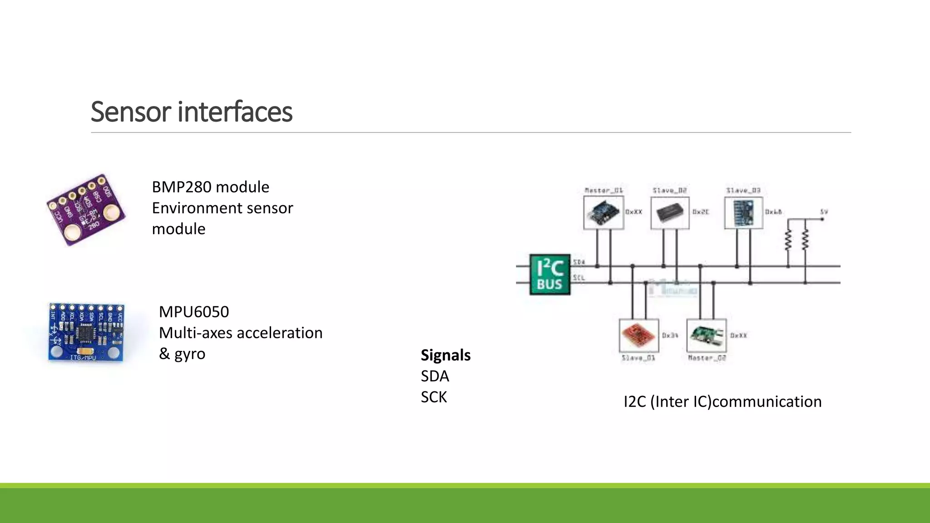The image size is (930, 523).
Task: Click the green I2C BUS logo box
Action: click(x=549, y=274)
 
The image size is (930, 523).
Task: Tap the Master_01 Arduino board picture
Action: click(x=603, y=212)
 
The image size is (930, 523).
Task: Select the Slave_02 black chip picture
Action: click(x=670, y=212)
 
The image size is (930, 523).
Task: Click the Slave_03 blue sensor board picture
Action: click(x=743, y=212)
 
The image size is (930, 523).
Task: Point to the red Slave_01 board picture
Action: click(x=638, y=336)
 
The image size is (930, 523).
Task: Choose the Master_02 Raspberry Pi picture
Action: click(x=706, y=336)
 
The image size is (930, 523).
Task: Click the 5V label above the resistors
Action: click(x=824, y=212)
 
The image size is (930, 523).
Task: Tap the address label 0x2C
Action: click(x=700, y=212)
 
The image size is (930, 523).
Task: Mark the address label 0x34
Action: click(x=670, y=336)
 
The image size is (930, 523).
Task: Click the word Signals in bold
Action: click(x=445, y=355)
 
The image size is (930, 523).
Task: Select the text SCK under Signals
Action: click(x=434, y=397)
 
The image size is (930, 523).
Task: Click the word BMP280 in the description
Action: click(x=182, y=187)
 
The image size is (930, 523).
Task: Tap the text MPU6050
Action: click(x=194, y=312)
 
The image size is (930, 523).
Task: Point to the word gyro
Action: click(x=190, y=354)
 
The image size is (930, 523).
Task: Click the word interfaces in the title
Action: click(x=235, y=112)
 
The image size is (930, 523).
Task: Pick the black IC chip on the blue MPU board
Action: click(x=85, y=334)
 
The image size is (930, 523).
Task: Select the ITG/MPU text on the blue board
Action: click(x=83, y=358)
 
